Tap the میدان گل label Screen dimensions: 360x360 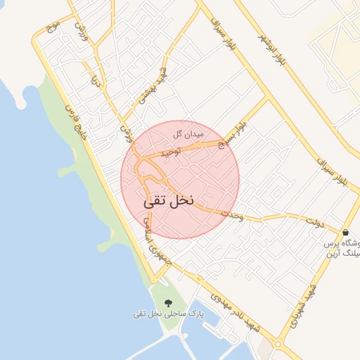pos(188,133)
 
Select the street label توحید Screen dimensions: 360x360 pos(170,151)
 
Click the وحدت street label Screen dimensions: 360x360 pos(231,216)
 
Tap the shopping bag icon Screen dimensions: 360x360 pos(345,233)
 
